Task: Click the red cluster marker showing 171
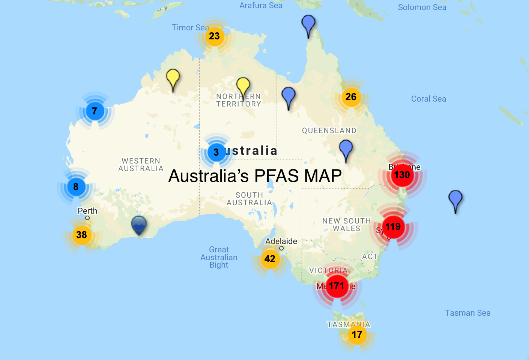tap(337, 286)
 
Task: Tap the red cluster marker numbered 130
tap(402, 175)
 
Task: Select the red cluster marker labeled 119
tap(393, 226)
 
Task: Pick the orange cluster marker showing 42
tap(270, 259)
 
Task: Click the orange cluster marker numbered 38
tap(81, 235)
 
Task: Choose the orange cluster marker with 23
tap(214, 36)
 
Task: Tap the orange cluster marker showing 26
tap(351, 97)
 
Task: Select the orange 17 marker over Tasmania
tap(357, 334)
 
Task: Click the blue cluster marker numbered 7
tap(95, 111)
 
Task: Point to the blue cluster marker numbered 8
tap(76, 187)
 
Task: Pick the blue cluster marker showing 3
tap(216, 152)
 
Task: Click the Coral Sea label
tap(428, 99)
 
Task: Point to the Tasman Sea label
tap(467, 313)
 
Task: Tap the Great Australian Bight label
tap(219, 257)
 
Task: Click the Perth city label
tap(87, 211)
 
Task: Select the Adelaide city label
tap(281, 241)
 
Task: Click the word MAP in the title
tap(323, 176)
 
